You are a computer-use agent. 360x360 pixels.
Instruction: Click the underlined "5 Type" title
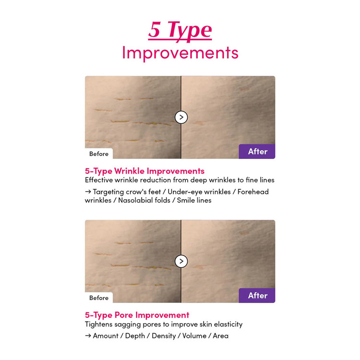click(180, 31)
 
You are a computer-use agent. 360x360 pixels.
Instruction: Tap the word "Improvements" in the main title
click(180, 53)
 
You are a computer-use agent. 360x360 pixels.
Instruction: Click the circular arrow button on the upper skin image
click(181, 117)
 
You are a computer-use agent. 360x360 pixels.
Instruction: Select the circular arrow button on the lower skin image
click(181, 261)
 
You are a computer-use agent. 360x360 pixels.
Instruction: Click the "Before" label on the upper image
click(99, 154)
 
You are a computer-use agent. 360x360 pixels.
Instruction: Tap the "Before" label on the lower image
click(99, 298)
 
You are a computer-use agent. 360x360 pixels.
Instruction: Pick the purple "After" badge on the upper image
click(257, 152)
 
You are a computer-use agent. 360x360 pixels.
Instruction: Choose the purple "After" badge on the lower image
click(257, 296)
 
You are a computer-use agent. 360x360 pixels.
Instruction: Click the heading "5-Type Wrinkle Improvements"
click(144, 171)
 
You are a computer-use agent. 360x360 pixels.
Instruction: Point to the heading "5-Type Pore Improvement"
click(137, 315)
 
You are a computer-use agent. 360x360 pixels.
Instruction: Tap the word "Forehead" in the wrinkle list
click(253, 192)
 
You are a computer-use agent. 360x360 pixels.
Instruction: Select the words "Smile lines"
click(194, 200)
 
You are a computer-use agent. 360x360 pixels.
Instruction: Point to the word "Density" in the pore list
click(164, 336)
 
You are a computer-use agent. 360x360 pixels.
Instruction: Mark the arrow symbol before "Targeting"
click(88, 192)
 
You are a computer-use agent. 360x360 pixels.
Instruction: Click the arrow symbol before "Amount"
click(88, 336)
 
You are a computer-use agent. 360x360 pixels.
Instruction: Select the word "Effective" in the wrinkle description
click(99, 180)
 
